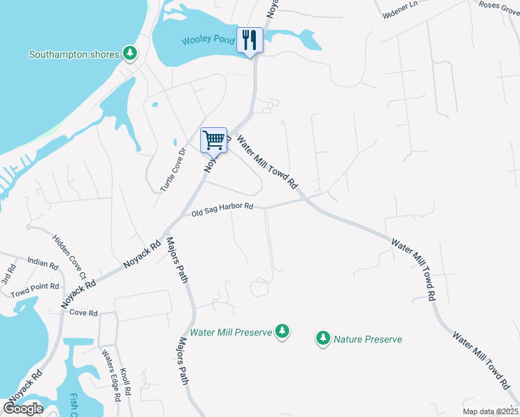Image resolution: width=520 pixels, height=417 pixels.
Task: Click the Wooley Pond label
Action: click(x=208, y=40)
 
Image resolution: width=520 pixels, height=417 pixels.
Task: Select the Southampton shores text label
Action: click(x=74, y=54)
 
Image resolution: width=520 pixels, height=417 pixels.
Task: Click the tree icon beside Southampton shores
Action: click(x=129, y=53)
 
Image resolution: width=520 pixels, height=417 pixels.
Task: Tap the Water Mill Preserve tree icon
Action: click(x=282, y=332)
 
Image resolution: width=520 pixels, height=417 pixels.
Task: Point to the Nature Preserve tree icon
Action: click(x=323, y=339)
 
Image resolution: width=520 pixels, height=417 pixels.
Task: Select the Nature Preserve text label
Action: click(x=368, y=339)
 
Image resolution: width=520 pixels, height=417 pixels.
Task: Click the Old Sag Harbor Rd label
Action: click(x=222, y=211)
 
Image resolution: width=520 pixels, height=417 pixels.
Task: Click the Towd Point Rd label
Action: click(x=35, y=287)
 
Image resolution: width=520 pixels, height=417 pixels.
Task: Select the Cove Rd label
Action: click(x=83, y=313)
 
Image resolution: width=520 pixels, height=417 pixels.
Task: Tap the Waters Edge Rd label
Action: click(x=112, y=373)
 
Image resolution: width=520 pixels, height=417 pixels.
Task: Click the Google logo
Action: click(x=23, y=408)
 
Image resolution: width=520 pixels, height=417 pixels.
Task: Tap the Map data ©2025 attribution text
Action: click(x=490, y=411)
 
